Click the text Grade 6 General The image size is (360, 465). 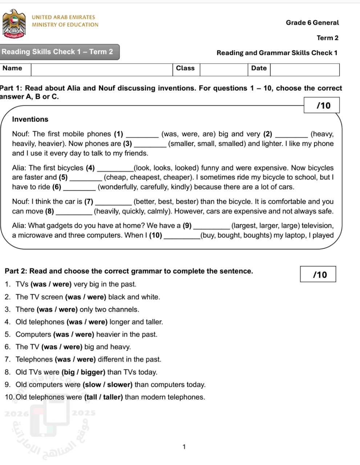(x=312, y=23)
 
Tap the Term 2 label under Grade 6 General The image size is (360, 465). (x=327, y=38)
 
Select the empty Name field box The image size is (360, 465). (x=102, y=69)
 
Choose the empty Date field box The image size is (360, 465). (x=304, y=69)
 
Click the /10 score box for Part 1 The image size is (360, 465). (x=322, y=105)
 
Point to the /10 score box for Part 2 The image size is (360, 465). (x=318, y=274)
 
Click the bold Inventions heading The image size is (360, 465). (x=30, y=119)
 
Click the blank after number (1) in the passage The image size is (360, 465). (x=142, y=135)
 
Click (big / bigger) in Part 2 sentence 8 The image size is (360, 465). (x=84, y=372)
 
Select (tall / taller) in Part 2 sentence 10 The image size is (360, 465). (x=104, y=397)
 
